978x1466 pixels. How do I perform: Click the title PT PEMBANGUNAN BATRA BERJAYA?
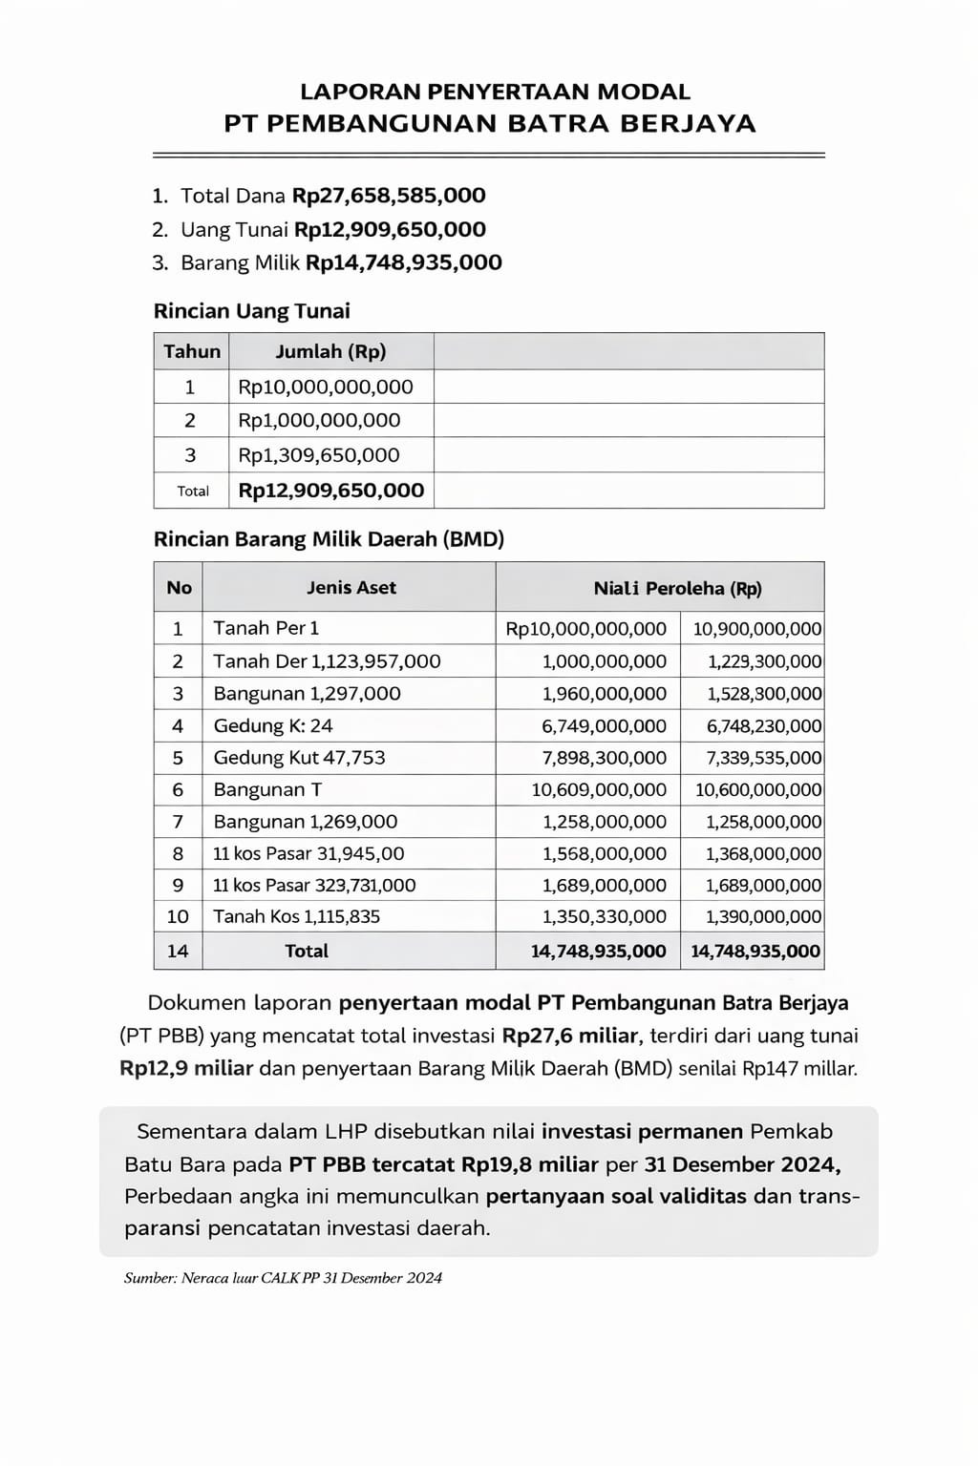(489, 123)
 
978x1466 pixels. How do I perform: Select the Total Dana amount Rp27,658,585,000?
(389, 196)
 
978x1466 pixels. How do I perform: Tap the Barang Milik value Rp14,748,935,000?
(403, 262)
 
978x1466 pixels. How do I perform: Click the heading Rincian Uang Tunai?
(251, 311)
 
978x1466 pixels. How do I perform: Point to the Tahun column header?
(192, 351)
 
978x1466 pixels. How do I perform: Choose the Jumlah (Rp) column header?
(330, 351)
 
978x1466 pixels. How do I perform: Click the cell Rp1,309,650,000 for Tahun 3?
(319, 455)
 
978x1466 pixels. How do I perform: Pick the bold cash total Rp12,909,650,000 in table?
(330, 491)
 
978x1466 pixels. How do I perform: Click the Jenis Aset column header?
(351, 588)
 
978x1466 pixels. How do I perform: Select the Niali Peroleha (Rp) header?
(677, 588)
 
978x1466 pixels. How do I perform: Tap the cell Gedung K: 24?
(273, 725)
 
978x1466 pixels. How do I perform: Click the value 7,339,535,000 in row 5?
(764, 758)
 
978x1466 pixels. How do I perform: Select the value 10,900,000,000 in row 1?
(756, 629)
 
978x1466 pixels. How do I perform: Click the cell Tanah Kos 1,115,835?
(296, 916)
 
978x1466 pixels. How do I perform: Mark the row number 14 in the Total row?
(178, 951)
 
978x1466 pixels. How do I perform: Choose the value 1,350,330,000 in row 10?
(604, 916)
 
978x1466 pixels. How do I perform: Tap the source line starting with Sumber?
(283, 1278)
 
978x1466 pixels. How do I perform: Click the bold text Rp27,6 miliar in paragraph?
(570, 1036)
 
